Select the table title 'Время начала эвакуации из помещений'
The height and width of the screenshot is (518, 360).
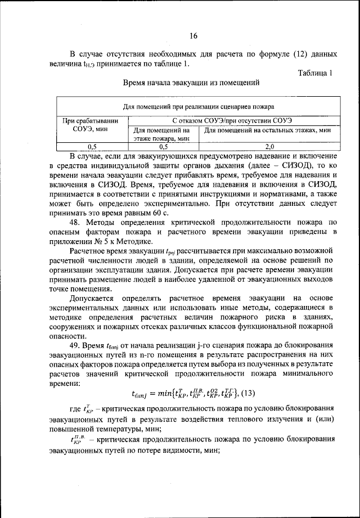191,82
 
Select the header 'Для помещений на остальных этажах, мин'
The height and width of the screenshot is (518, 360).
267,130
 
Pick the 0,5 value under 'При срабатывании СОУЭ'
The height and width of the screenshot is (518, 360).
91,146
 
